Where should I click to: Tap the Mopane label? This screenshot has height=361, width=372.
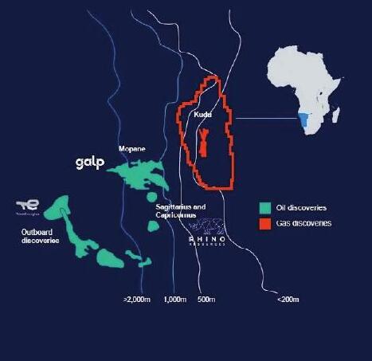click(x=131, y=149)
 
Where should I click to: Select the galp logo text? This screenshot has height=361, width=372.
click(x=91, y=163)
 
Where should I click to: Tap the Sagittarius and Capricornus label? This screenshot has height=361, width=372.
click(x=182, y=211)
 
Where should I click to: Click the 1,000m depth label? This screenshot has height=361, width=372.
click(x=175, y=300)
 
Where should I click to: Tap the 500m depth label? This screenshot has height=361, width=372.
click(x=207, y=300)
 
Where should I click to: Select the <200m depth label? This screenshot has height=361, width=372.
click(x=288, y=300)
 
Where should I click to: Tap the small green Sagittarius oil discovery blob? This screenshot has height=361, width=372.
click(x=154, y=226)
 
